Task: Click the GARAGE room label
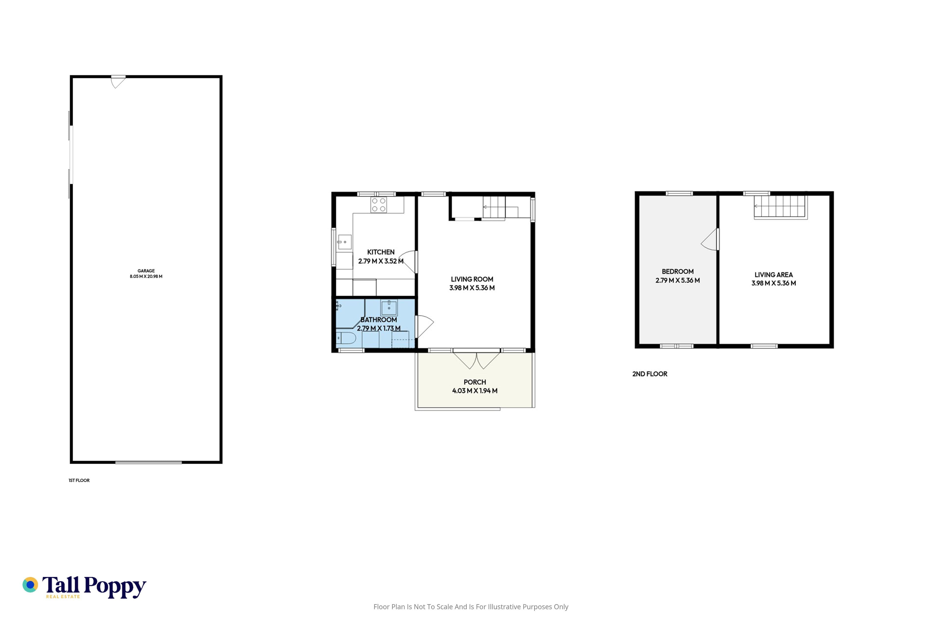146,271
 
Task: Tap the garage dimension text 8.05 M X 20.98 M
146,276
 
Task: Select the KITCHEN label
381,252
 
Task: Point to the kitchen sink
344,242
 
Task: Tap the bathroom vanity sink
389,308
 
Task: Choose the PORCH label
475,382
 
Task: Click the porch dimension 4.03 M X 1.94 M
475,391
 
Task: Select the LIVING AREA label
774,275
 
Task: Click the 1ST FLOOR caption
79,480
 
